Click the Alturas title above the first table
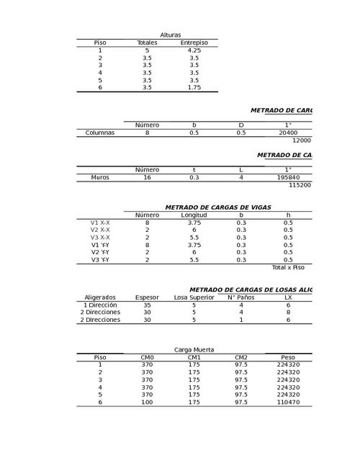pos(171,35)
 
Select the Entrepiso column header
pos(194,42)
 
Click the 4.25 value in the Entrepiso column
pos(194,50)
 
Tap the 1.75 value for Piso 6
pos(194,88)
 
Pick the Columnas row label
pos(100,133)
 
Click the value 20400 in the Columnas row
pos(288,133)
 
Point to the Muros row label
pos(100,177)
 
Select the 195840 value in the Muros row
pos(288,177)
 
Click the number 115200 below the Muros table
pos(300,185)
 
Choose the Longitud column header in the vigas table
pos(194,215)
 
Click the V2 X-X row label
pos(100,230)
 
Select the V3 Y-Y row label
pos(100,259)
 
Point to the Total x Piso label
pos(288,267)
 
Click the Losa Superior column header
pos(194,297)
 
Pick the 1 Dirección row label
pos(100,305)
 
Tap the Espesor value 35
pos(148,305)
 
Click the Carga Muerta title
pos(194,349)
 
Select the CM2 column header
pos(241,357)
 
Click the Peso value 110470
pos(288,401)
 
